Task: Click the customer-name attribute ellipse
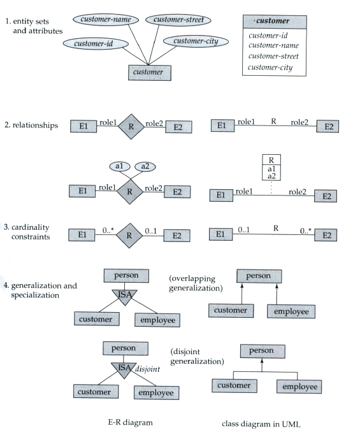coord(106,20)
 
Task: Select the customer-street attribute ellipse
coord(178,20)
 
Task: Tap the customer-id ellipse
coord(96,44)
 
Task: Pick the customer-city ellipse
coord(196,41)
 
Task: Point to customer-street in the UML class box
coord(273,56)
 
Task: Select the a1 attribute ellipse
coord(120,166)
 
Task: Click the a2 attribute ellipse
coord(145,166)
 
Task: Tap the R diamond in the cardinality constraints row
coord(129,236)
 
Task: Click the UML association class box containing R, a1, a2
coord(271,168)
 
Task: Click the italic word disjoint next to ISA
coord(148,369)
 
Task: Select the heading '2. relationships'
coord(31,125)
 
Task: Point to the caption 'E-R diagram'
coord(130,422)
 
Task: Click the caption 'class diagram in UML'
coord(261,424)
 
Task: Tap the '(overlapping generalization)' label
coord(196,283)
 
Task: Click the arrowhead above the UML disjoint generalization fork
coord(262,361)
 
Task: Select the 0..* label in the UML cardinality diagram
coord(306,231)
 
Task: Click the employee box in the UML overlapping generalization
coord(291,311)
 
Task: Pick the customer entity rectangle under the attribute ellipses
coord(150,73)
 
